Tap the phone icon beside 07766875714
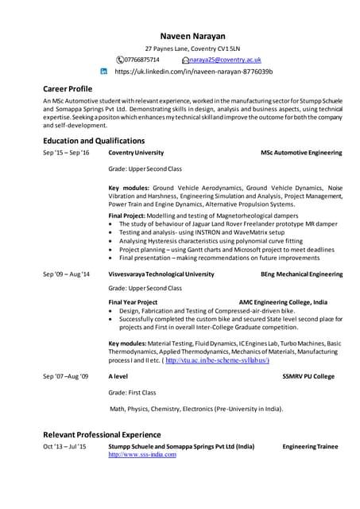click(x=120, y=60)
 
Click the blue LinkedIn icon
click(x=103, y=72)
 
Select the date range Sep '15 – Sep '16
click(x=67, y=153)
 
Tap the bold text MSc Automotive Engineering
click(x=301, y=153)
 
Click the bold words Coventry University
click(x=136, y=153)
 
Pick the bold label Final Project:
click(x=126, y=216)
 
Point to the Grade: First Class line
click(x=132, y=392)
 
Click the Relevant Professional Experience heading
click(x=102, y=434)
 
